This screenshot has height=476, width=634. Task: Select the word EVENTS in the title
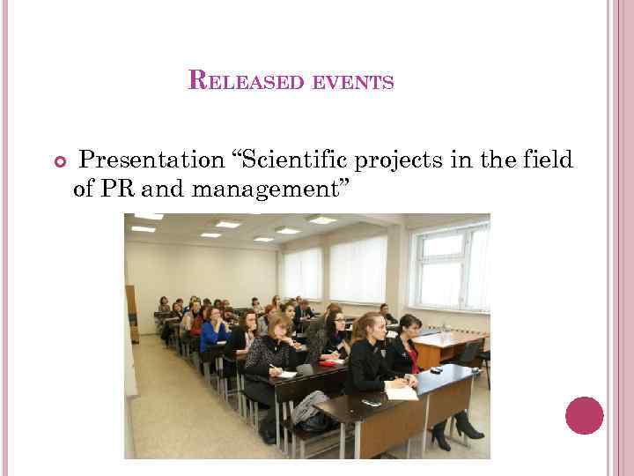[350, 83]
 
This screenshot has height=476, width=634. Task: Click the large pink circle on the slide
[584, 415]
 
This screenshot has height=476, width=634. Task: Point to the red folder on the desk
[332, 362]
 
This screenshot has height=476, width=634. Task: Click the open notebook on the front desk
[402, 391]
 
